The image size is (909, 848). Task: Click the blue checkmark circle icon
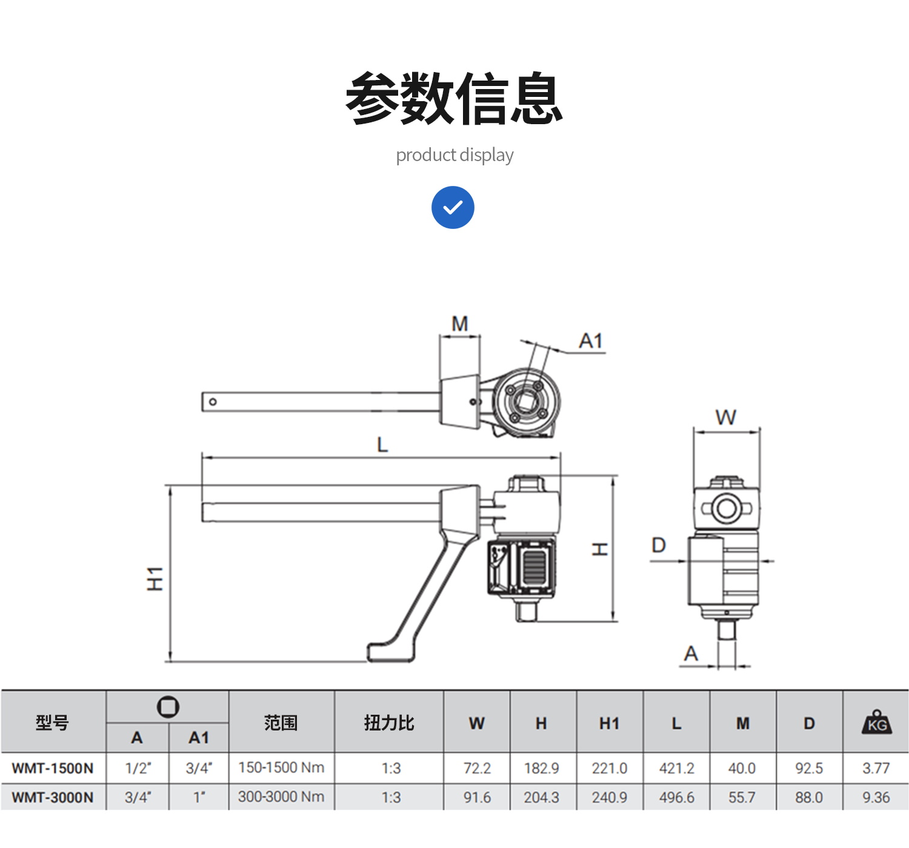click(453, 207)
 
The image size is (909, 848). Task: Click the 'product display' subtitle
click(454, 155)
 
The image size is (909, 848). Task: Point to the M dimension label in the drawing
click(460, 323)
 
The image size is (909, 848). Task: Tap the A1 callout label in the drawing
click(591, 341)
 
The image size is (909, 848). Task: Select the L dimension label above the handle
click(382, 445)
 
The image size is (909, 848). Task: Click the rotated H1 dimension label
click(155, 579)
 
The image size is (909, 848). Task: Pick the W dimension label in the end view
click(725, 417)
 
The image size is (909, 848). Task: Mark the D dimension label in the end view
click(658, 546)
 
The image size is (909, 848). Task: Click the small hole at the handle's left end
click(213, 402)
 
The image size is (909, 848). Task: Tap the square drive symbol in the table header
click(168, 707)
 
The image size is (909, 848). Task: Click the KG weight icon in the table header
click(876, 723)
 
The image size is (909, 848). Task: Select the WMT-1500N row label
click(53, 769)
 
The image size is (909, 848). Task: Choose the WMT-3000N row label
click(53, 798)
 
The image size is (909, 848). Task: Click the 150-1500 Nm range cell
click(281, 768)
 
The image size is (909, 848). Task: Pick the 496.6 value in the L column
click(676, 798)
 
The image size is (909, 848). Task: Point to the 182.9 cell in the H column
click(541, 769)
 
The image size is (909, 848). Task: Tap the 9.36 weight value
click(876, 798)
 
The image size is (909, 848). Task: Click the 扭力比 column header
click(388, 723)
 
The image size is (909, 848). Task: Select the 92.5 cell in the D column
click(809, 769)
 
